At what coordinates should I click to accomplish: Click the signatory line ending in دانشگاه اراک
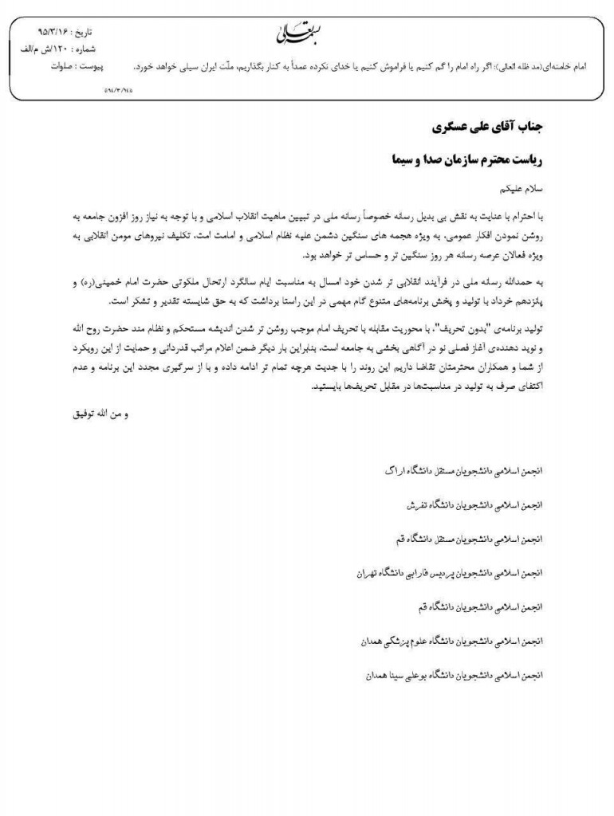coord(456,471)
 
